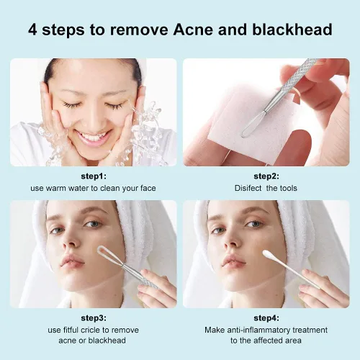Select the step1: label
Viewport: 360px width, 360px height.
[x=93, y=176]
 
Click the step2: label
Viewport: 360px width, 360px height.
[x=266, y=176]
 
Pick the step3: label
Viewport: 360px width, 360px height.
[x=93, y=317]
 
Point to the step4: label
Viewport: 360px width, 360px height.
[x=266, y=317]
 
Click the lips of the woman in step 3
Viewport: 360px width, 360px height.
[x=72, y=260]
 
